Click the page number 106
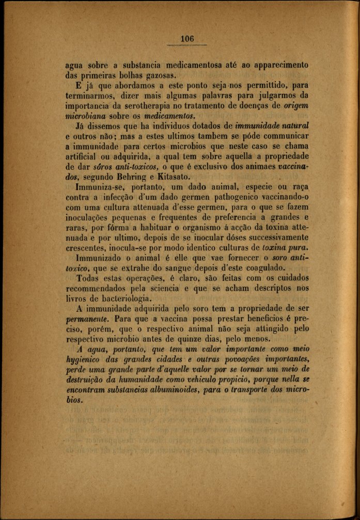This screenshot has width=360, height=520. (x=187, y=39)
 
